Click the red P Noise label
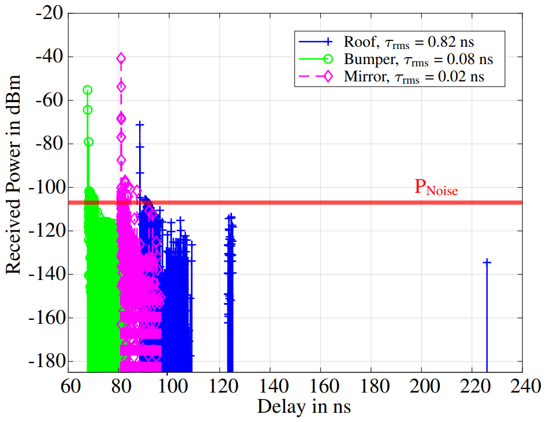pyautogui.click(x=436, y=188)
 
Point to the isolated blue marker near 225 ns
pyautogui.click(x=487, y=262)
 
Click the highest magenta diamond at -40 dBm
pyautogui.click(x=121, y=58)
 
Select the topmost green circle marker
pyautogui.click(x=88, y=90)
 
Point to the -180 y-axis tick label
pyautogui.click(x=49, y=362)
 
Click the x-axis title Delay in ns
pyautogui.click(x=304, y=408)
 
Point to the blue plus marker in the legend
pyautogui.click(x=327, y=42)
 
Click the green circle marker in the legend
pyautogui.click(x=327, y=59)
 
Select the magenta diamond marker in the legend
pyautogui.click(x=327, y=76)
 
